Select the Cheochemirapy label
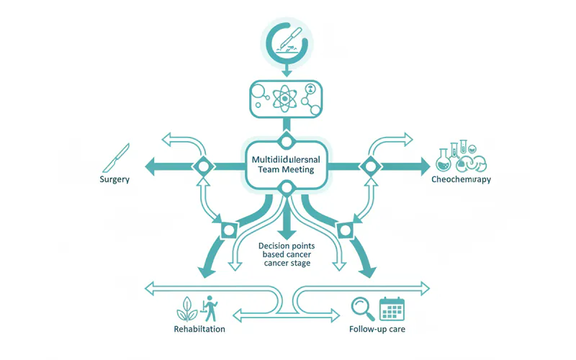pyautogui.click(x=461, y=179)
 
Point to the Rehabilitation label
pyautogui.click(x=199, y=328)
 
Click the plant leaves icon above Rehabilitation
pyautogui.click(x=186, y=308)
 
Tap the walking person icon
pyautogui.click(x=210, y=307)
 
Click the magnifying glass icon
pyautogui.click(x=362, y=308)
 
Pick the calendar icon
pyautogui.click(x=392, y=308)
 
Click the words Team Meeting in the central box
pyautogui.click(x=285, y=168)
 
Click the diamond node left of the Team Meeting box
pyautogui.click(x=202, y=166)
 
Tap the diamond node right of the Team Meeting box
pyautogui.click(x=369, y=166)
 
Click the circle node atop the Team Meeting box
pyautogui.click(x=285, y=140)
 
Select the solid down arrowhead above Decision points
pyautogui.click(x=285, y=233)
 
